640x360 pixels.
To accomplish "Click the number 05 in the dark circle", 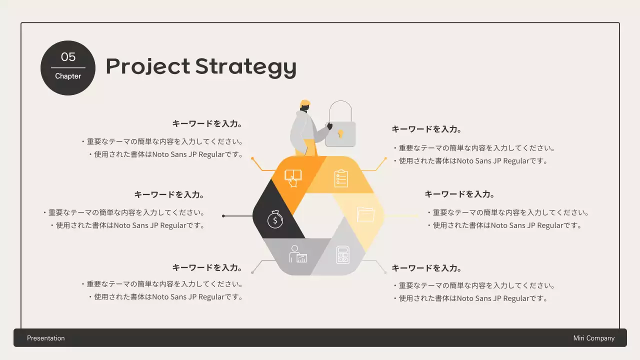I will [68, 57].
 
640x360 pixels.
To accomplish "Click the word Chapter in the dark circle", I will [68, 76].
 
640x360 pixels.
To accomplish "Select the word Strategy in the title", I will [245, 66].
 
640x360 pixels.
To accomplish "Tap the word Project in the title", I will [147, 66].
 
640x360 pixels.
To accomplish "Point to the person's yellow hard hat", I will [305, 103].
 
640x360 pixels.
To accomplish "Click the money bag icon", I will [275, 219].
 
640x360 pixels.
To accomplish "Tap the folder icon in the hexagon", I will [366, 214].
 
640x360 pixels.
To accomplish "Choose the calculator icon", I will [342, 255].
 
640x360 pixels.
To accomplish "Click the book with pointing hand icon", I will [293, 178].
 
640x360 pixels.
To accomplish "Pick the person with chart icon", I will [298, 254].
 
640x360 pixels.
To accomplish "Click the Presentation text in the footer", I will [46, 338].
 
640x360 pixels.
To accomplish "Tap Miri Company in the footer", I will [594, 338].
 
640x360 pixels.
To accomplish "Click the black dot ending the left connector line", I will [223, 216].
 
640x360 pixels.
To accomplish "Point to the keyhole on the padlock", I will [340, 134].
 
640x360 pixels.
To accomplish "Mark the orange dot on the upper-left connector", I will [252, 158].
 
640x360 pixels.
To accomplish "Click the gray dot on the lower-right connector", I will [385, 272].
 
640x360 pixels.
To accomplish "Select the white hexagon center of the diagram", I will [318, 216].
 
